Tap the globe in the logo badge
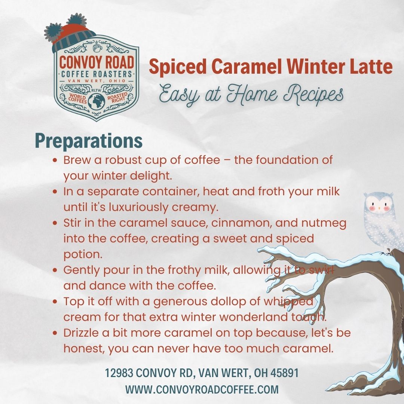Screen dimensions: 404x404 [x=97, y=102]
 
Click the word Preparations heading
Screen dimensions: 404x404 [x=89, y=141]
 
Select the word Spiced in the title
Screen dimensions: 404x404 [x=178, y=67]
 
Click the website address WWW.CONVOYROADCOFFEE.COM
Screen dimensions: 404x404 [x=202, y=389]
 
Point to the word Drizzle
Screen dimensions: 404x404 [x=81, y=333]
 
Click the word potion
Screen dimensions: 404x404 [x=83, y=255]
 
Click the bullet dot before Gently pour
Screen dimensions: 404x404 [x=55, y=270]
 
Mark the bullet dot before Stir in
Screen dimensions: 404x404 [x=55, y=223]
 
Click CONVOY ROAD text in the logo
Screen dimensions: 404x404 [x=97, y=62]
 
